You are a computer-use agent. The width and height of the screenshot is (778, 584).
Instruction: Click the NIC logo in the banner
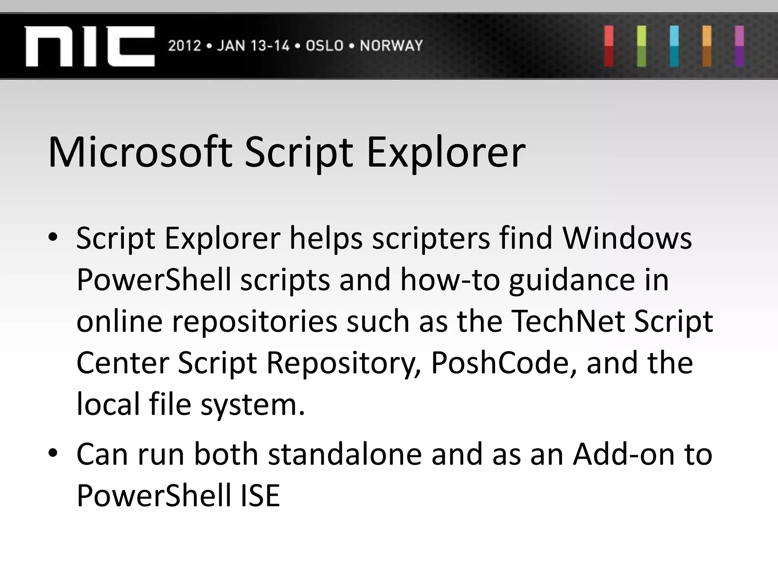click(90, 46)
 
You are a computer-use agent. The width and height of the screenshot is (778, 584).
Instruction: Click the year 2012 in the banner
click(184, 46)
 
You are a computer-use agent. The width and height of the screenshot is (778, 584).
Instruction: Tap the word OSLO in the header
click(324, 46)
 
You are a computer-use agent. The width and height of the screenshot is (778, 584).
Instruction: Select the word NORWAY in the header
click(391, 46)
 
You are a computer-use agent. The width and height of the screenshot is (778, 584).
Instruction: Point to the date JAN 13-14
click(253, 46)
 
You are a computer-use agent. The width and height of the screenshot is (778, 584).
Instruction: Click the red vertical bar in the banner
click(609, 46)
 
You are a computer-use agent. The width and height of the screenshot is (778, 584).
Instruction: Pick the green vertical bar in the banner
click(642, 46)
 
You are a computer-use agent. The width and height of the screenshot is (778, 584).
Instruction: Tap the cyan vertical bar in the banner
click(674, 46)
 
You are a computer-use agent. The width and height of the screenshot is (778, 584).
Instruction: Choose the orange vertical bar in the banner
click(707, 46)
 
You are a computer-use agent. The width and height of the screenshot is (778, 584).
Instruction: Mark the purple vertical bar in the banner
click(739, 46)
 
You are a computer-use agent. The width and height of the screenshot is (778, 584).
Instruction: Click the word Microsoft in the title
click(140, 152)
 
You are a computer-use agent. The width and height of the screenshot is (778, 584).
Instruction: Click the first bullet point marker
click(53, 238)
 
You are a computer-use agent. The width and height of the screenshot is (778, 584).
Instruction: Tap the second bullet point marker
click(53, 453)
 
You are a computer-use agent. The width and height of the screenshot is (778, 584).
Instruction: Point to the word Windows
click(627, 238)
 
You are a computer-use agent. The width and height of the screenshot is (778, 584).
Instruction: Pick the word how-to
click(450, 279)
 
